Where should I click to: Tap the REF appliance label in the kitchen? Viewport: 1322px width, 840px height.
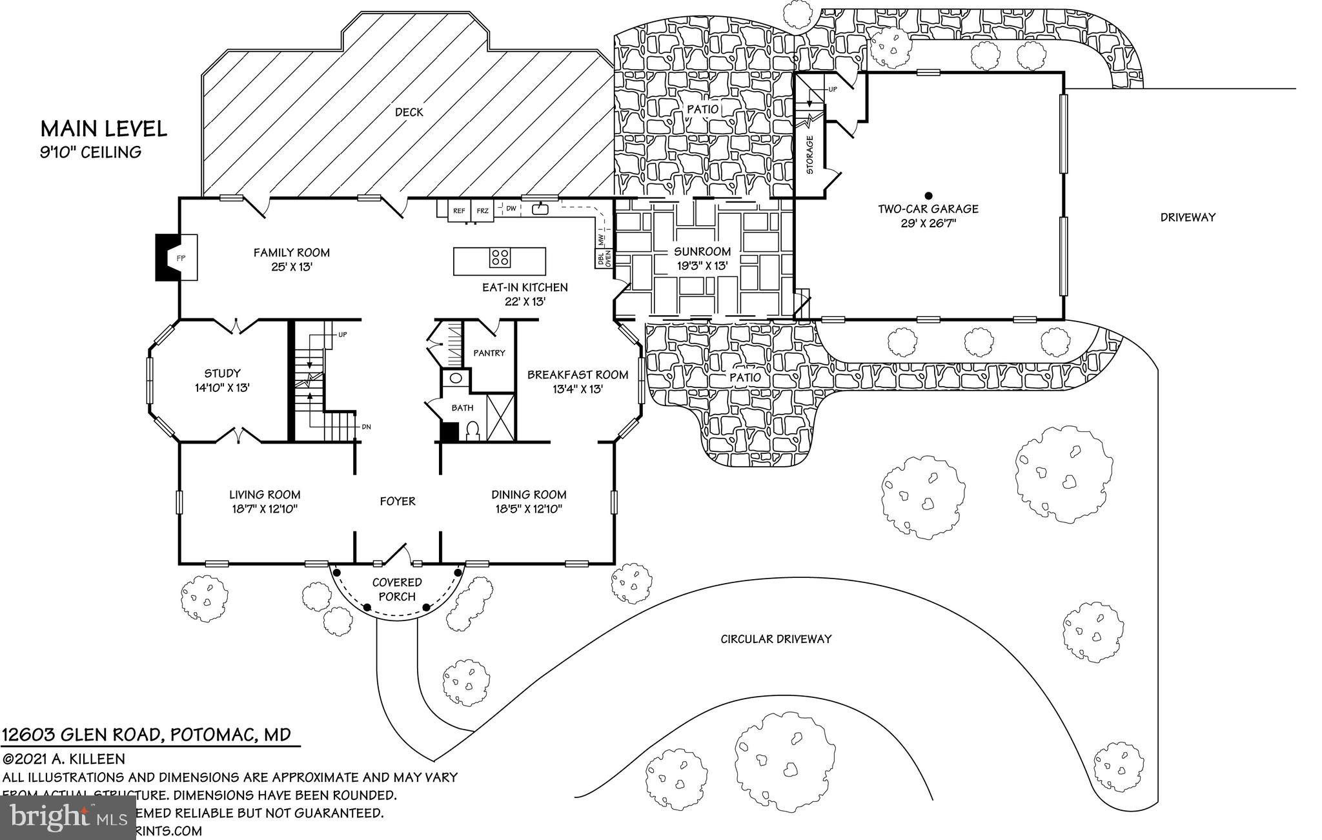coord(459,210)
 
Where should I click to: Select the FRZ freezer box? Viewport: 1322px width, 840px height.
coord(483,210)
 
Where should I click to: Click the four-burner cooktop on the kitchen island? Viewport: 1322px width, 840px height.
coord(500,258)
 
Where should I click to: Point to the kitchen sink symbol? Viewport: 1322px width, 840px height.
coord(539,209)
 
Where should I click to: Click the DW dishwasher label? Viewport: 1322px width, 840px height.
coord(511,209)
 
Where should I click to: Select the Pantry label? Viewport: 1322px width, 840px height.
coord(489,353)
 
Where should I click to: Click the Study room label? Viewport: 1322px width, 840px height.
coord(222,373)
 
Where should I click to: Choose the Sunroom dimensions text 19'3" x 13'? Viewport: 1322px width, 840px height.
coord(702,265)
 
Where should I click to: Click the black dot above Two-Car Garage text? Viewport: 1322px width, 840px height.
coord(928,195)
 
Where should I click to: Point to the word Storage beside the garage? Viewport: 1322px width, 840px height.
coord(810,154)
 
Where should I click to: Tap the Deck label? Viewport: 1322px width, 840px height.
coord(409,112)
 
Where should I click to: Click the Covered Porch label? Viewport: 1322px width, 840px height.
coord(397,589)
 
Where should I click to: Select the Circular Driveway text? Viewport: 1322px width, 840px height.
coord(776,639)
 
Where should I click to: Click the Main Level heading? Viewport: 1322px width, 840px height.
coord(104,128)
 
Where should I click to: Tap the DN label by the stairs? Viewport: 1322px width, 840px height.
coord(366,427)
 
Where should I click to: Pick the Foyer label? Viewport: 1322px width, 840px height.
coord(397,501)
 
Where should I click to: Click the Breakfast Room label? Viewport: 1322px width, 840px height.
coord(578,374)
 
